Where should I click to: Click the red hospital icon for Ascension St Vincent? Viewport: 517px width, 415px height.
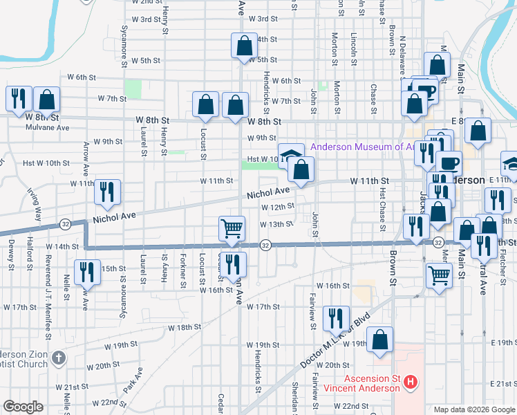pyautogui.click(x=411, y=381)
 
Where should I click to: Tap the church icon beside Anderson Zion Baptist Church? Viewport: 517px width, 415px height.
pyautogui.click(x=59, y=358)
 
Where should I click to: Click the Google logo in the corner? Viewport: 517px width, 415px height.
pyautogui.click(x=23, y=407)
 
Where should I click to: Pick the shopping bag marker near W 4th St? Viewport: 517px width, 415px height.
pyautogui.click(x=244, y=46)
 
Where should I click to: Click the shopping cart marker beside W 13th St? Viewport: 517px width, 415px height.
pyautogui.click(x=232, y=228)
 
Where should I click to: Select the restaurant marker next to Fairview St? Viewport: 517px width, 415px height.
pyautogui.click(x=336, y=318)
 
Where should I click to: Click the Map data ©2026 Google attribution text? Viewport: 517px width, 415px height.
pyautogui.click(x=474, y=409)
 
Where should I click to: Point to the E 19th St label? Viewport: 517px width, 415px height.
pyautogui.click(x=503, y=343)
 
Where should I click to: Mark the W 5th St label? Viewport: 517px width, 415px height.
pyautogui.click(x=262, y=60)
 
